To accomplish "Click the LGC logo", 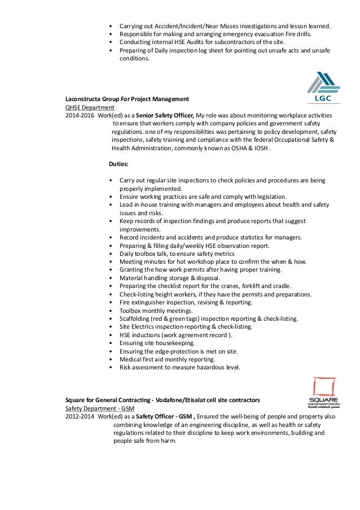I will coord(323,89).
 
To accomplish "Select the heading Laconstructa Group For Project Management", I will coord(127,99).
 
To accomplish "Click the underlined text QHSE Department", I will coord(90,107).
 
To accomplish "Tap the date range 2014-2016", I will coord(80,115).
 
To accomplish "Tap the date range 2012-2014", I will coord(80,416).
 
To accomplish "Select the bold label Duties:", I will coord(118,165).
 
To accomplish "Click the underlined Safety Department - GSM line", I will coord(99,408).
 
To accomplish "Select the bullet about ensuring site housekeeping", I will coord(157,343).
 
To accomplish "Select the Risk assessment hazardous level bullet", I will coord(179,367).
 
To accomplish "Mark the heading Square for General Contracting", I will coord(163,400).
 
